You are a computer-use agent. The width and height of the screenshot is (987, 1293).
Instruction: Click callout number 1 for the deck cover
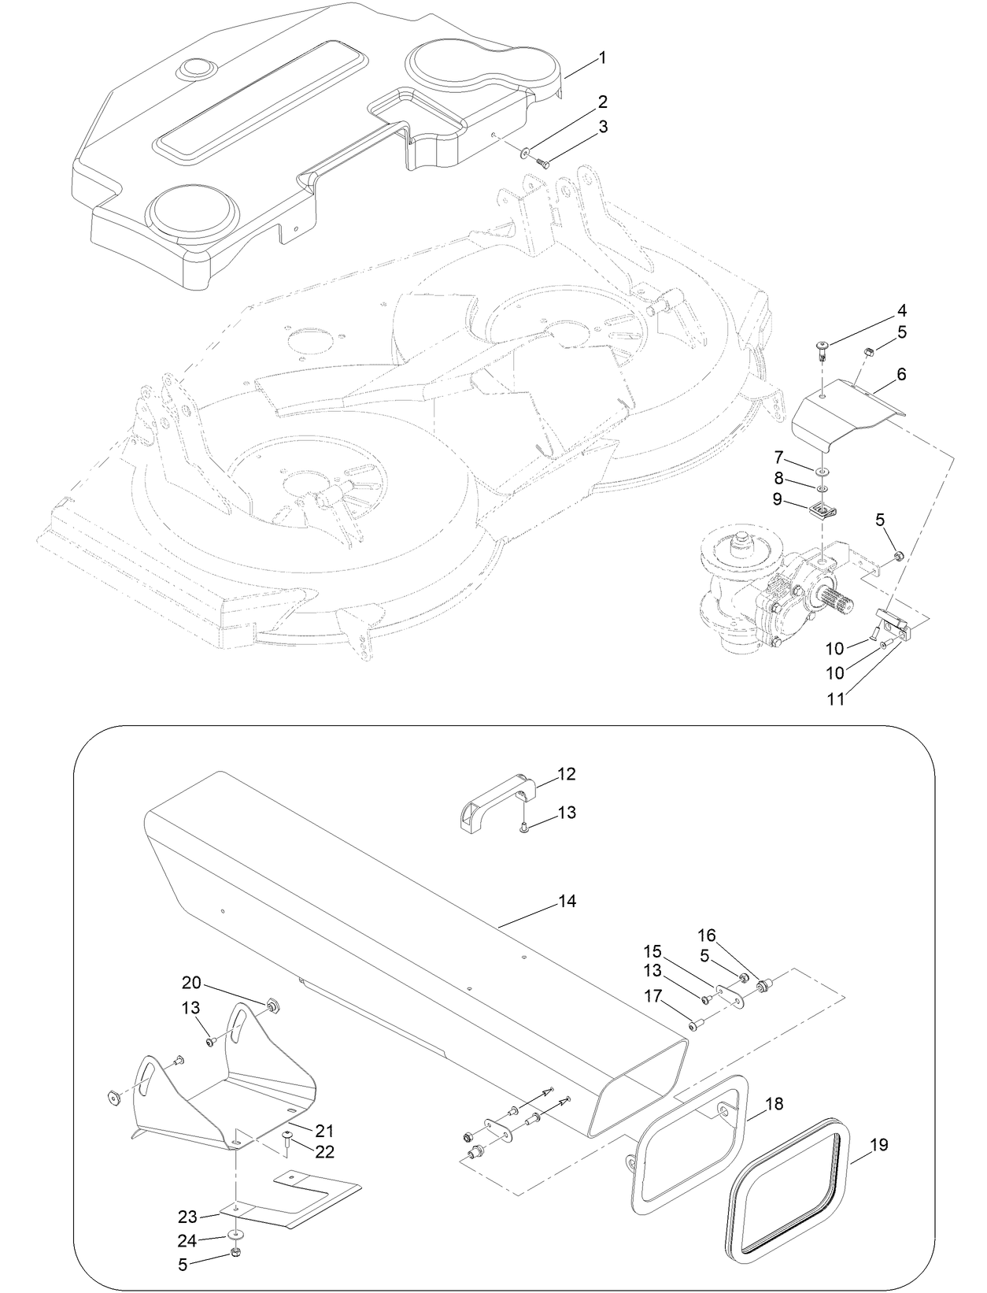[602, 57]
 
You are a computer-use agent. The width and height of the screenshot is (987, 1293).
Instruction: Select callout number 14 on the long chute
[567, 901]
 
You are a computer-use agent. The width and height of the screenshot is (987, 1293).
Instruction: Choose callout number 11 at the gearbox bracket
[836, 698]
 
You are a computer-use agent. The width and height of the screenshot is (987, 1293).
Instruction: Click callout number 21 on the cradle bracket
[325, 1131]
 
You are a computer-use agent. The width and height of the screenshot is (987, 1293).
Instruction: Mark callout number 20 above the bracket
[192, 983]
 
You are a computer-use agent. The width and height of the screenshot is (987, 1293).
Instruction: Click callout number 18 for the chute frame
[774, 1104]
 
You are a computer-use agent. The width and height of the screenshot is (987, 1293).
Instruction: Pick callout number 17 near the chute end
[652, 995]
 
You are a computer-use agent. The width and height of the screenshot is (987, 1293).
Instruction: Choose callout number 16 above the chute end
[708, 935]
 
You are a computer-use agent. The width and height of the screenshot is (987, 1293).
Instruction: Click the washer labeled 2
[525, 150]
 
